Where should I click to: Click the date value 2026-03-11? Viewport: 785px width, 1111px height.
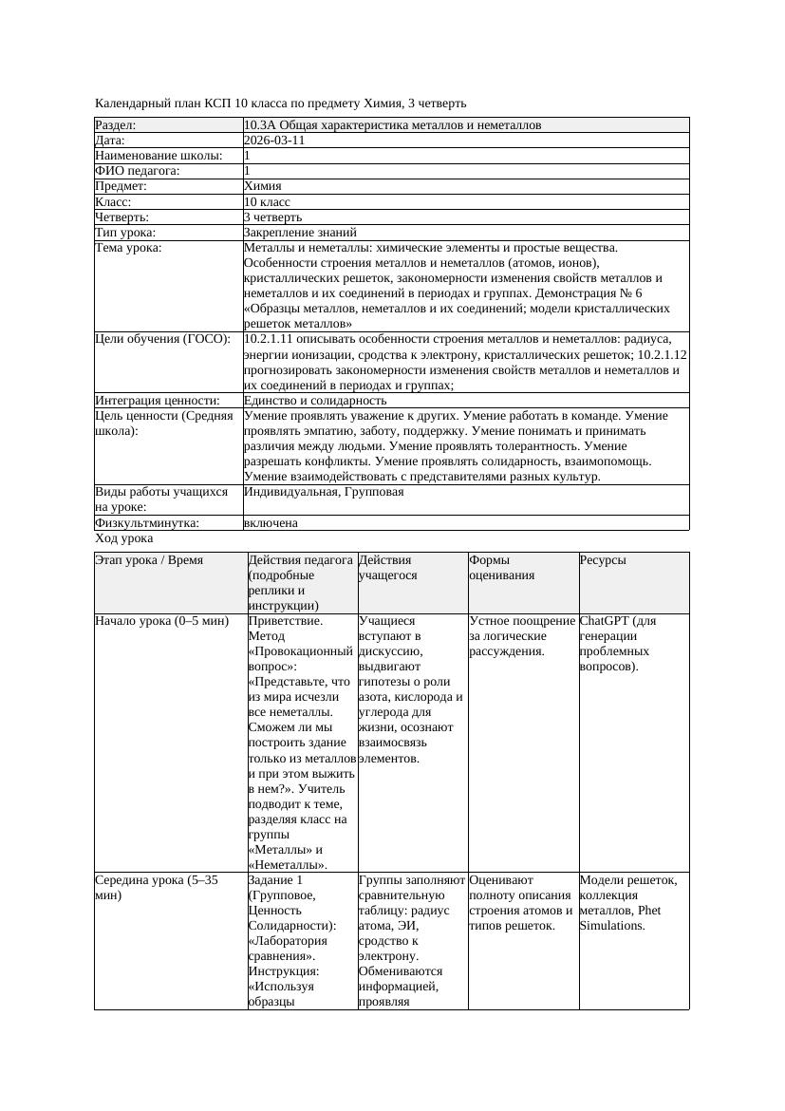coord(274,141)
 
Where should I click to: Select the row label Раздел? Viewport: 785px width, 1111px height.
coord(116,125)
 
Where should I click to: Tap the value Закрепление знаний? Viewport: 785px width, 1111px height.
coord(300,233)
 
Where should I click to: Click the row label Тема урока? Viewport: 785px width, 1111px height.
coord(129,248)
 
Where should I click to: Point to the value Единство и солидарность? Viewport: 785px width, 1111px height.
coord(315,401)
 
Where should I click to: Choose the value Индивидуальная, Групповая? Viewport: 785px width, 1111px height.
coord(324,492)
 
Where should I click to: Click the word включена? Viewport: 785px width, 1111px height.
coord(271,523)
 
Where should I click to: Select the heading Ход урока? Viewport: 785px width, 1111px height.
coord(124,538)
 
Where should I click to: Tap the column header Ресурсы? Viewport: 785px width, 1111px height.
coord(603,560)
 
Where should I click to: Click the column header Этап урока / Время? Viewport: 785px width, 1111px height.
coord(149,560)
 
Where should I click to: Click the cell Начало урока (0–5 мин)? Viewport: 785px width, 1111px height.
coord(162,621)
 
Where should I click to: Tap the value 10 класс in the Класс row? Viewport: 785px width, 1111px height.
coord(267,202)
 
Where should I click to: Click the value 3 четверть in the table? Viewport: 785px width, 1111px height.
coord(272,217)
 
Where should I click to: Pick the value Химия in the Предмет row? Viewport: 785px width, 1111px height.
coord(262,187)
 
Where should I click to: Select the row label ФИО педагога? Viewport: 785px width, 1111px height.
coord(138,171)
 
